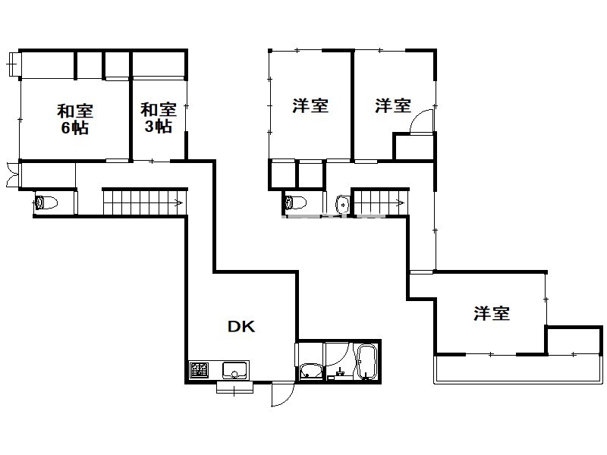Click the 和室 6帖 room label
pyautogui.click(x=75, y=119)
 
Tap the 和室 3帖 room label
pyautogui.click(x=159, y=118)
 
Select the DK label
pyautogui.click(x=241, y=327)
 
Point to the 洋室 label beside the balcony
pyautogui.click(x=491, y=313)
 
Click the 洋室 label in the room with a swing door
pyautogui.click(x=393, y=105)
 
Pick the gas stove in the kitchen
pyautogui.click(x=199, y=371)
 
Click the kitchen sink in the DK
pyautogui.click(x=234, y=370)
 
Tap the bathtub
pyautogui.click(x=366, y=362)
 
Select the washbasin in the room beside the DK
pyautogui.click(x=310, y=372)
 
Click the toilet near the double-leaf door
pyautogui.click(x=46, y=202)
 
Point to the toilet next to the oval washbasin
pyautogui.click(x=295, y=202)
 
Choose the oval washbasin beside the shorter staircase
pyautogui.click(x=342, y=204)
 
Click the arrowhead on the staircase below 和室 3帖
pyautogui.click(x=180, y=202)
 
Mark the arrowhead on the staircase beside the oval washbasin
pyautogui.click(x=402, y=202)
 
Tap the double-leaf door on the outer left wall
pyautogui.click(x=11, y=175)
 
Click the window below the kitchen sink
pyautogui.click(x=234, y=388)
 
